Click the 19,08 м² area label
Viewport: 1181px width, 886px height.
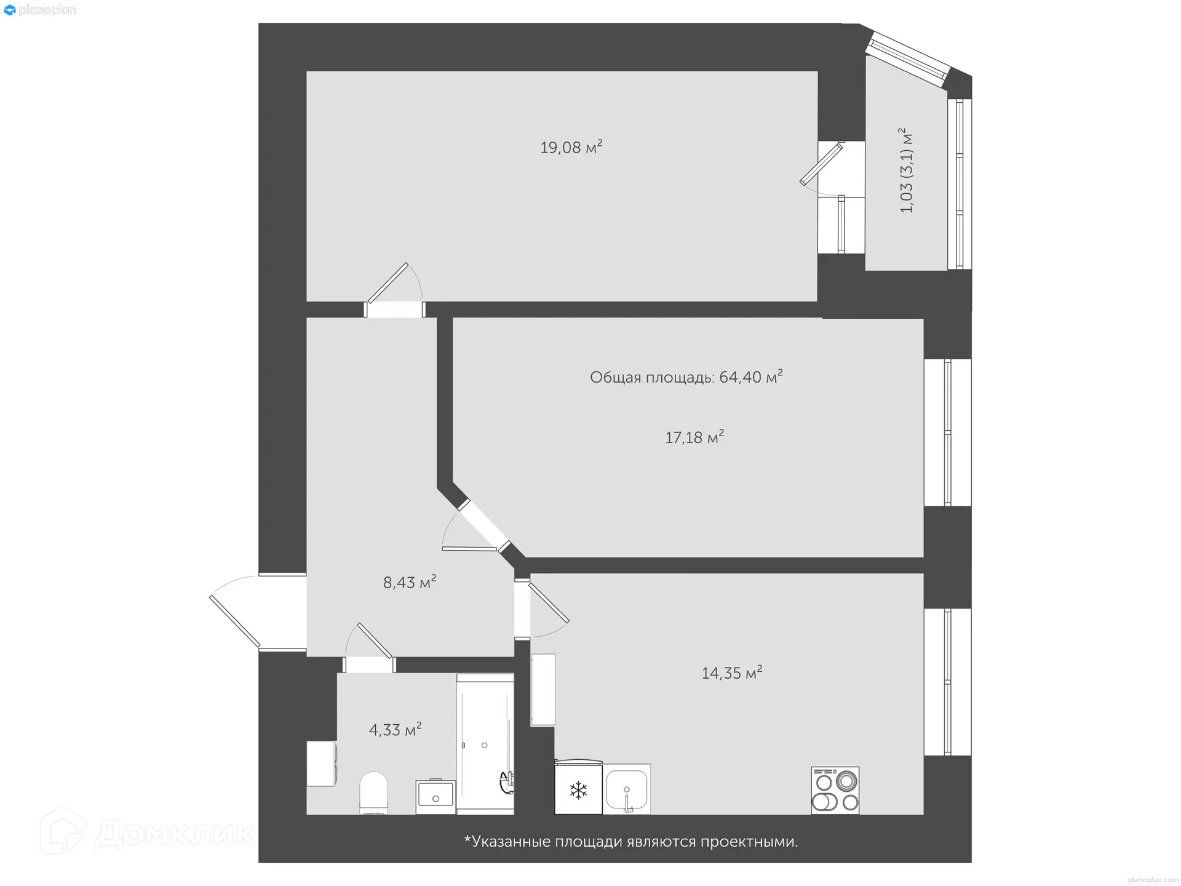(571, 148)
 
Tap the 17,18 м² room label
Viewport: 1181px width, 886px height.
(694, 437)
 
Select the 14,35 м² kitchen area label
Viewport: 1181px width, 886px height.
(731, 672)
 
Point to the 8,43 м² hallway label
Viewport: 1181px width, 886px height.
(410, 582)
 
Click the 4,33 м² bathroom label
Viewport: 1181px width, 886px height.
(395, 730)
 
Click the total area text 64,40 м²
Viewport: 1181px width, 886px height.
(686, 377)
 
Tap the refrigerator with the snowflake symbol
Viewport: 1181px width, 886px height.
(578, 789)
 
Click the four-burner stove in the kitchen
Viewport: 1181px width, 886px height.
(835, 791)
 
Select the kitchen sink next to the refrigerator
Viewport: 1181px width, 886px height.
(626, 789)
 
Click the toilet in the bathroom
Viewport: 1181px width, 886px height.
(373, 792)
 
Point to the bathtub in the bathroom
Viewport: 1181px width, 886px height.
(485, 744)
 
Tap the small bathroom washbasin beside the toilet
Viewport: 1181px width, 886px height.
(435, 796)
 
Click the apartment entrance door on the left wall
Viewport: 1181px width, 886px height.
(236, 620)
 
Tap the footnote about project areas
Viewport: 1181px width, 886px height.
(630, 842)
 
